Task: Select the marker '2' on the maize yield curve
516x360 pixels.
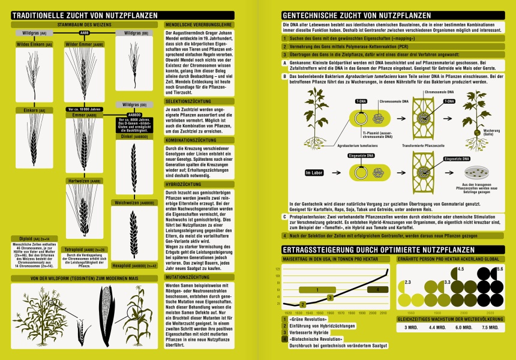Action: click(329, 297)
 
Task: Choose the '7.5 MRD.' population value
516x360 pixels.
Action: click(491, 328)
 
